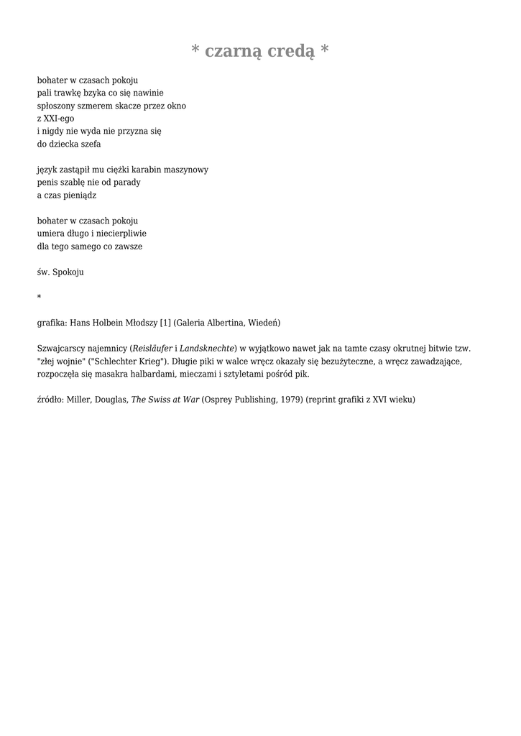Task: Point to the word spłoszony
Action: (x=57, y=106)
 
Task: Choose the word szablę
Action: (x=75, y=183)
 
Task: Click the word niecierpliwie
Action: (x=121, y=234)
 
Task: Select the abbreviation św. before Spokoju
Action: (x=43, y=272)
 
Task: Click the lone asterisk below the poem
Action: (x=40, y=298)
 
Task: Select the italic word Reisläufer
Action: (x=153, y=348)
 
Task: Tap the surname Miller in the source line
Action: (x=79, y=399)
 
